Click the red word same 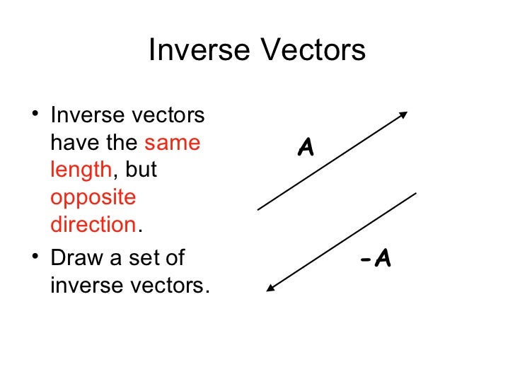173,143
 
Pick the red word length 81,170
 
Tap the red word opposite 93,198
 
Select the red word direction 93,225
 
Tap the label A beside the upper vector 306,148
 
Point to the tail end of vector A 258,209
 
